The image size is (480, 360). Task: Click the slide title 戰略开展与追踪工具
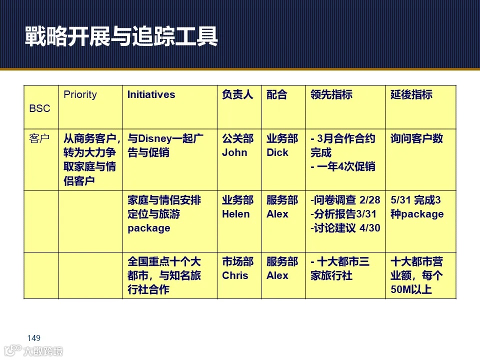(x=121, y=36)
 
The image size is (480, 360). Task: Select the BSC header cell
(x=40, y=108)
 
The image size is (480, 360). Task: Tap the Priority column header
(x=80, y=94)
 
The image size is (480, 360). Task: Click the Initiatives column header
(x=151, y=94)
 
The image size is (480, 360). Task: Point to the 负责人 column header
(x=237, y=94)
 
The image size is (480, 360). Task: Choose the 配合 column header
(x=277, y=94)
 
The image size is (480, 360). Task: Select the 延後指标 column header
(x=411, y=94)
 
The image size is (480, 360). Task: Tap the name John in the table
(x=234, y=152)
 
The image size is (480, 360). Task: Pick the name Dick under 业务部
(x=277, y=152)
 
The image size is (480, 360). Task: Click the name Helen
(x=236, y=214)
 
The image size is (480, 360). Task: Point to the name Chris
(x=235, y=275)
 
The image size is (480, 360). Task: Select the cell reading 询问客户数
(x=416, y=138)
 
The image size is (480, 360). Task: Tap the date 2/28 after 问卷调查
(x=370, y=200)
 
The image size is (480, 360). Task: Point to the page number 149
(x=33, y=338)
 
